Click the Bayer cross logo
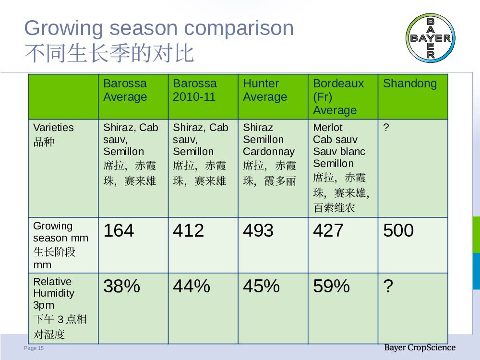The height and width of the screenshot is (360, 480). click(431, 38)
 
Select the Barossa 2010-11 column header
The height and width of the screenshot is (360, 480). click(195, 90)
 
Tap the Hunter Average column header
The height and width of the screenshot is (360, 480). click(265, 90)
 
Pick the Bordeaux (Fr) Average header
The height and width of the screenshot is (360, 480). click(338, 97)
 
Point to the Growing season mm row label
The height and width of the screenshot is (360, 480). click(60, 245)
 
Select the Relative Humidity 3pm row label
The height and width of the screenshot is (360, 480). click(60, 308)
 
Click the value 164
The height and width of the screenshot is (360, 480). click(119, 230)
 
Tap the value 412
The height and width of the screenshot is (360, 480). click(188, 230)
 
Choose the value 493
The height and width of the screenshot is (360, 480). click(258, 230)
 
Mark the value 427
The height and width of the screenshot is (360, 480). click(328, 230)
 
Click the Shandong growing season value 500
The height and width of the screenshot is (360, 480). click(398, 230)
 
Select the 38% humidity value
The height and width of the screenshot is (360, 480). click(121, 286)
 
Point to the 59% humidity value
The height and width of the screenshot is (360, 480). click(331, 286)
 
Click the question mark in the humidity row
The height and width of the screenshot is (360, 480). click(388, 286)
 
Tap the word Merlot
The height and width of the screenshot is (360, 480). click(327, 127)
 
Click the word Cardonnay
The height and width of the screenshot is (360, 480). click(269, 152)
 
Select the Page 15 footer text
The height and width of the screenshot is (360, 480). click(34, 348)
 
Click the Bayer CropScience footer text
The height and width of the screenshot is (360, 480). click(420, 348)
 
